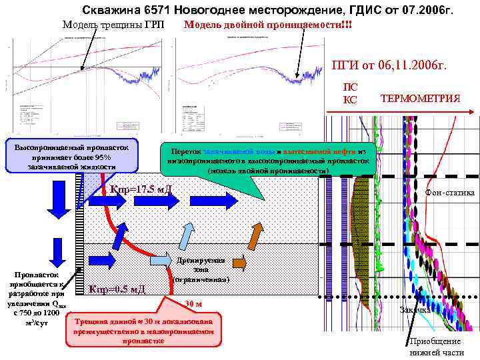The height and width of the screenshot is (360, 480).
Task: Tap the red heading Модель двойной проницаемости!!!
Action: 268,25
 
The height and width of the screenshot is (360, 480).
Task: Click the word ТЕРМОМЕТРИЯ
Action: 420,99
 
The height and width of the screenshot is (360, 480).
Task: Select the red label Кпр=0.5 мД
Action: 117,289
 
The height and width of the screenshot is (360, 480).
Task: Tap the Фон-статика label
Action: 449,193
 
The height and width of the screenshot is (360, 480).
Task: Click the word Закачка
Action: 414,310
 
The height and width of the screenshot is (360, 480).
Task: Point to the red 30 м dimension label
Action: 193,304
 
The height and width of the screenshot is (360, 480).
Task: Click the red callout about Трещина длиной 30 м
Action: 143,329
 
